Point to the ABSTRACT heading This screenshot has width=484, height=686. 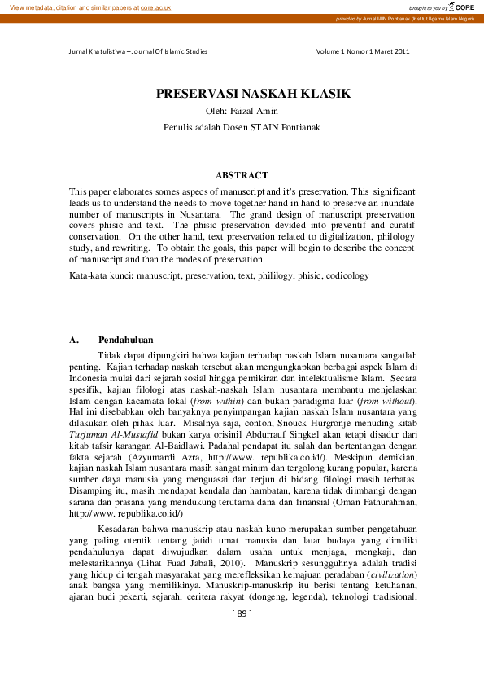click(242, 175)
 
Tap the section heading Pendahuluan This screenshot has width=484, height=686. click(126, 340)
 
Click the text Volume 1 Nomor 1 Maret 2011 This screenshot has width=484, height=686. click(362, 51)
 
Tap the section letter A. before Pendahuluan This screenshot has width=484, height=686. click(74, 340)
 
